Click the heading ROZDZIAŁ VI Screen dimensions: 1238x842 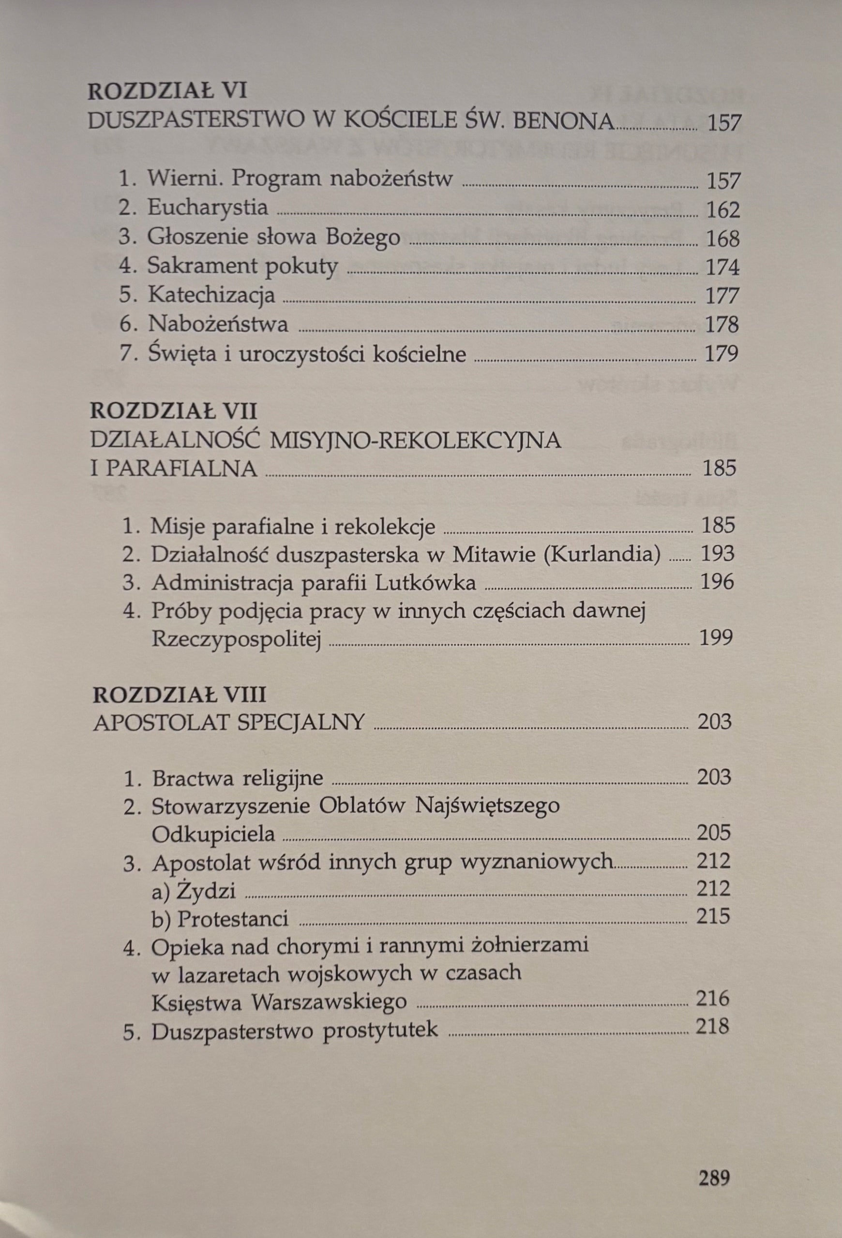coord(167,91)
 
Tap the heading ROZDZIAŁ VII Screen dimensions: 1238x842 coord(174,412)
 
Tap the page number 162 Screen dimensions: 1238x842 coord(723,210)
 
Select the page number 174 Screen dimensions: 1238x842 coord(722,267)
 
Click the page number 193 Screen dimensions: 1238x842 coord(718,554)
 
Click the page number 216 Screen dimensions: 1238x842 coord(712,998)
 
